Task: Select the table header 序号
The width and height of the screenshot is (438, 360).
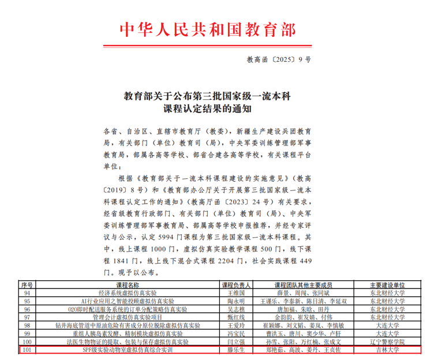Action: [x=28, y=285]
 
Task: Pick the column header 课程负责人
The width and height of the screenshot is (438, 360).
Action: [x=237, y=285]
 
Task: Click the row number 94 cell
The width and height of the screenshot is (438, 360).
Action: [x=28, y=293]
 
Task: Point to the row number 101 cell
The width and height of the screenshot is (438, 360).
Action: [x=28, y=350]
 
